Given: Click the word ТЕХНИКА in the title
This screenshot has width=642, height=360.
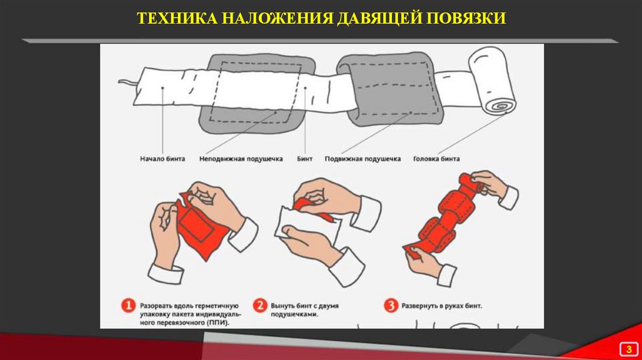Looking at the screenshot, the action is tap(177, 18).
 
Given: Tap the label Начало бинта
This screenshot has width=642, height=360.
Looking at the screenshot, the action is tap(162, 159).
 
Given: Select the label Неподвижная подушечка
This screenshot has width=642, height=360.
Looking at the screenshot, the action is tap(241, 159).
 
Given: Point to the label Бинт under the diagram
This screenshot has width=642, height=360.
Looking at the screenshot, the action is tap(305, 159).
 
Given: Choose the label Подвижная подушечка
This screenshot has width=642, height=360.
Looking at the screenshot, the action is tap(363, 159).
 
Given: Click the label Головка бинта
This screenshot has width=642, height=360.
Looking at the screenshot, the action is tap(436, 159).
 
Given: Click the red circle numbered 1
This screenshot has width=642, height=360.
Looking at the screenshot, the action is tap(128, 305).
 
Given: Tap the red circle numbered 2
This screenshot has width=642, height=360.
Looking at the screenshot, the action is tap(260, 305).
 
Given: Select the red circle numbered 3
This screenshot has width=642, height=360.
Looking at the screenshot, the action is tap(391, 305).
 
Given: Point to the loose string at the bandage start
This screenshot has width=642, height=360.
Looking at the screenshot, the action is tap(128, 83).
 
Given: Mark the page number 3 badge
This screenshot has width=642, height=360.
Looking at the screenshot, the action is tap(629, 349).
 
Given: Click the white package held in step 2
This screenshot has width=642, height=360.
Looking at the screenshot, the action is tap(306, 227).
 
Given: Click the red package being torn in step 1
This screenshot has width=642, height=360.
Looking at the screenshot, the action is tap(201, 225).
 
